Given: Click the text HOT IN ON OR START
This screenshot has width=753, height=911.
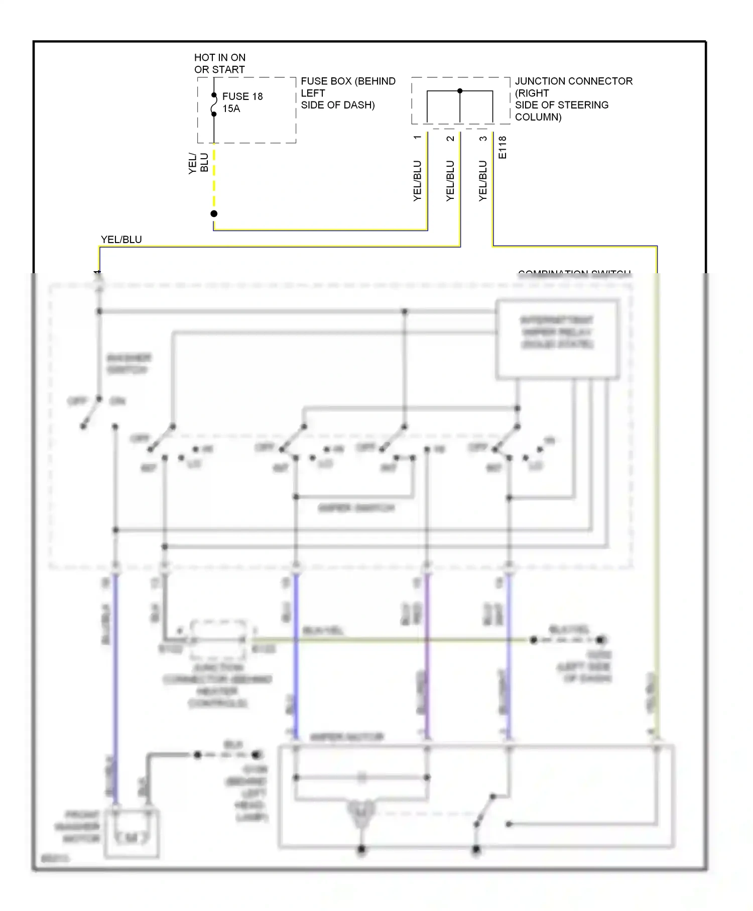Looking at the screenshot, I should click(x=220, y=64).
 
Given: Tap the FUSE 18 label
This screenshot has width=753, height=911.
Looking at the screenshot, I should click(x=242, y=96).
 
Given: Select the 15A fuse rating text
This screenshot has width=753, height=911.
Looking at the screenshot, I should click(x=231, y=108).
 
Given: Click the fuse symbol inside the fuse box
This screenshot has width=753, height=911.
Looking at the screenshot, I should click(x=214, y=104).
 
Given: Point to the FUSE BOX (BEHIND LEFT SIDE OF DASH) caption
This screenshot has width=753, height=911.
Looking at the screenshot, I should click(x=347, y=93).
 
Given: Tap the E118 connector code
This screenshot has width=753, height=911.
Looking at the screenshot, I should click(x=503, y=148).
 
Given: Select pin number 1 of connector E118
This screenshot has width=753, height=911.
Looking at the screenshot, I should click(x=417, y=138).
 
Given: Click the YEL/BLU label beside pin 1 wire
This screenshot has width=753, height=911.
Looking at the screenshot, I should click(x=417, y=181).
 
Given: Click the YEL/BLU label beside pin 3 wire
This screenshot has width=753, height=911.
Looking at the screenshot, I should click(x=483, y=181).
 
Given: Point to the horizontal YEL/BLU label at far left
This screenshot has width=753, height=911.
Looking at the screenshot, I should click(x=121, y=240).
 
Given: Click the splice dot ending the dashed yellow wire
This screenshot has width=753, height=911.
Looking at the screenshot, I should click(x=214, y=214).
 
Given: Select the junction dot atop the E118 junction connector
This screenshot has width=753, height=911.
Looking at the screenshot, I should click(x=460, y=91).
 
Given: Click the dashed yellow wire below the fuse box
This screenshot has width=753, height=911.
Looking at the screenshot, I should click(x=214, y=178).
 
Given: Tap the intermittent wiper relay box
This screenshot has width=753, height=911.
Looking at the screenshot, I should click(x=557, y=339).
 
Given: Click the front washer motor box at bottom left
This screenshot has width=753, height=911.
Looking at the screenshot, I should click(x=132, y=833).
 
